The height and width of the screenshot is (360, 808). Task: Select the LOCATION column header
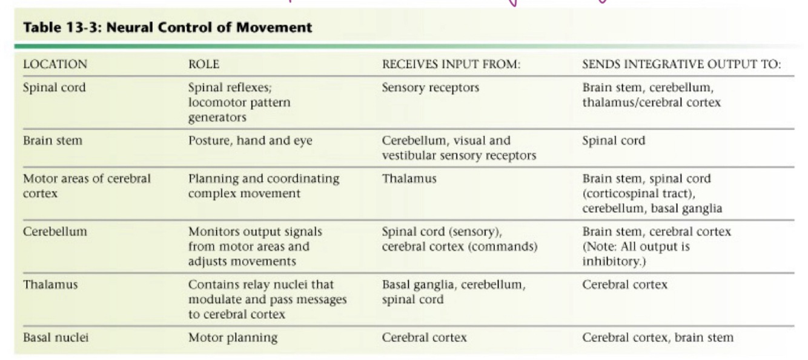coord(55,64)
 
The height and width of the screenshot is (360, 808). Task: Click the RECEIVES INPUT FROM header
coord(451,64)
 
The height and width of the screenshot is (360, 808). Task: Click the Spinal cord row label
coord(55,87)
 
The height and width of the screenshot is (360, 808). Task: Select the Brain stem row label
coord(51,141)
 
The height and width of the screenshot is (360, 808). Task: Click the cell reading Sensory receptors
coord(430,87)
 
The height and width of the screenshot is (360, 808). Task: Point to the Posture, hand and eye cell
coord(250,141)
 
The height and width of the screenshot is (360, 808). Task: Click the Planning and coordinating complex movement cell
coord(264,185)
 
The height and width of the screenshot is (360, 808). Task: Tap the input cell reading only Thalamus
coord(402,179)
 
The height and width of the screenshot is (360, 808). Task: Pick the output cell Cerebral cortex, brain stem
coord(657,338)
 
